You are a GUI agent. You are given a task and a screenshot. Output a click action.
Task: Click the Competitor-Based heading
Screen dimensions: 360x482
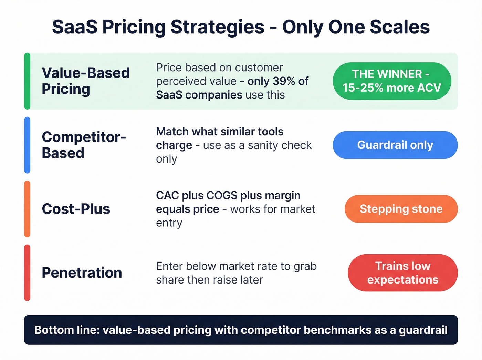pyautogui.click(x=84, y=145)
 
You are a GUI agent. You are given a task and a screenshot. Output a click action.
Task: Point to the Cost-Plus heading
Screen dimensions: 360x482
pyautogui.click(x=76, y=209)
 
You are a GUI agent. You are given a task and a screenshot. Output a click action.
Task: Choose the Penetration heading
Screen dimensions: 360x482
pyautogui.click(x=82, y=272)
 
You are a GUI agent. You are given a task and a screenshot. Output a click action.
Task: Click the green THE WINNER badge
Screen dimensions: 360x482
pyautogui.click(x=392, y=81)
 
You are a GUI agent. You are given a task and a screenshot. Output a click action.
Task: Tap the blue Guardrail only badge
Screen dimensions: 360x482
pyautogui.click(x=395, y=145)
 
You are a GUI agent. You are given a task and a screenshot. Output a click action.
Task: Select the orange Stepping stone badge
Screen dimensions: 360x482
pyautogui.click(x=401, y=209)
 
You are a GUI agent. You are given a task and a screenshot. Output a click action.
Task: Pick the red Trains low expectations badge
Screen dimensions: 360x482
pyautogui.click(x=402, y=272)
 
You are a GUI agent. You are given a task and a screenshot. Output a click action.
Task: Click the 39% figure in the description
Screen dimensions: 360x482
pyautogui.click(x=284, y=81)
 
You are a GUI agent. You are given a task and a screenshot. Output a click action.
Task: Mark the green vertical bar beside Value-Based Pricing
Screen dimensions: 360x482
pyautogui.click(x=27, y=81)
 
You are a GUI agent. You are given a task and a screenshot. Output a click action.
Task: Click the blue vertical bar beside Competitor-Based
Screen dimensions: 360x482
pyautogui.click(x=27, y=145)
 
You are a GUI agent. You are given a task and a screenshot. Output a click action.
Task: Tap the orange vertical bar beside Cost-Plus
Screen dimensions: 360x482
pyautogui.click(x=27, y=209)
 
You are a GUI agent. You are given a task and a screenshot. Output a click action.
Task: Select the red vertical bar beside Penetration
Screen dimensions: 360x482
pyautogui.click(x=27, y=272)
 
